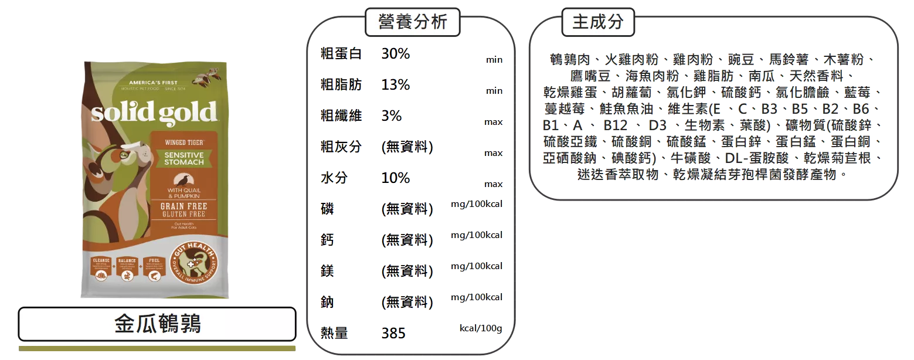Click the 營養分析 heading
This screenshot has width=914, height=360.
[412, 22]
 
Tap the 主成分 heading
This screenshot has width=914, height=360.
[597, 22]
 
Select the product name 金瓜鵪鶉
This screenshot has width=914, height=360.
[158, 324]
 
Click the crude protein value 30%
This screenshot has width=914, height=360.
[396, 54]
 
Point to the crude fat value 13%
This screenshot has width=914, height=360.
[396, 84]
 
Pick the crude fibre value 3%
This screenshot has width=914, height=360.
[392, 116]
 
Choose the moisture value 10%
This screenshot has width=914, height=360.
[396, 178]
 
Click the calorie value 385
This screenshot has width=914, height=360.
[393, 334]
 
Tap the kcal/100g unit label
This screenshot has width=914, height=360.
[481, 328]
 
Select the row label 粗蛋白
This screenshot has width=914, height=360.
[341, 54]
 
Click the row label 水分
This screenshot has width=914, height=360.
[334, 178]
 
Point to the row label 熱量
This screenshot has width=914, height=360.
[334, 334]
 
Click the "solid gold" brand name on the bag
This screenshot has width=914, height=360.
[154, 112]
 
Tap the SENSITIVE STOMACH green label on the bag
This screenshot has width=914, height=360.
[184, 158]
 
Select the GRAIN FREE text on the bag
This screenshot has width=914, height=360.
[184, 207]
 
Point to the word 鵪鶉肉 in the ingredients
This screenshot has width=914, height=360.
[570, 60]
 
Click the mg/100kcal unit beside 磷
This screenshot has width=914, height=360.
[477, 204]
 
